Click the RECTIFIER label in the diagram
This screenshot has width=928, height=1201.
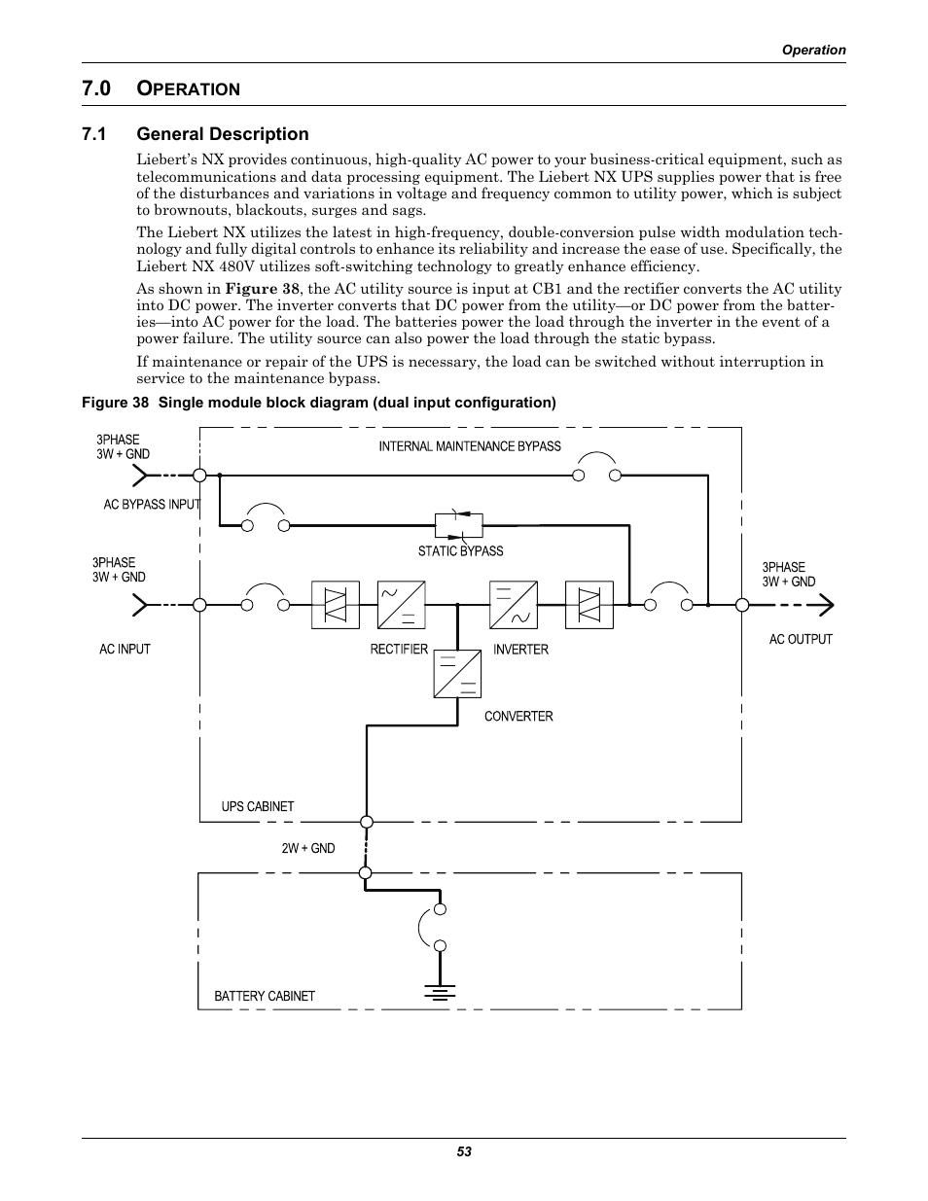point(399,650)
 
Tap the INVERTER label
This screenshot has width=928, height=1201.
point(520,650)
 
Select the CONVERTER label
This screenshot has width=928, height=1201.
point(518,717)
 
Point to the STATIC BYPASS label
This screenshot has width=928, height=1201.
point(460,551)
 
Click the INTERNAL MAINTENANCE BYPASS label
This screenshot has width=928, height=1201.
point(470,446)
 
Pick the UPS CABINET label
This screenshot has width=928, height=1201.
point(257,806)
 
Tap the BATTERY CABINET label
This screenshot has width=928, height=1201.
point(265,996)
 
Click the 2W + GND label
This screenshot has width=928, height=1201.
point(308,849)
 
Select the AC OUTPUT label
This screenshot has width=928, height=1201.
point(801,640)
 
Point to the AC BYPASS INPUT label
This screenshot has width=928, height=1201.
point(152,505)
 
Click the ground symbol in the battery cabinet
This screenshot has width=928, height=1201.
point(440,992)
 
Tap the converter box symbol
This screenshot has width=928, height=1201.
point(458,674)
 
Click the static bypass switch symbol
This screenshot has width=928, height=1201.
point(458,525)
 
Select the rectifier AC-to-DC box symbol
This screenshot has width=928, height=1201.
point(402,605)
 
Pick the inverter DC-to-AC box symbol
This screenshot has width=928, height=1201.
point(515,605)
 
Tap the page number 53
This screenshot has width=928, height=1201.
point(464,1152)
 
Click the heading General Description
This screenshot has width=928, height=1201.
point(223,134)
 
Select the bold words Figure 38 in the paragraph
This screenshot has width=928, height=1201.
point(262,289)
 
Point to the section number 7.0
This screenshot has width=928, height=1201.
point(96,88)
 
